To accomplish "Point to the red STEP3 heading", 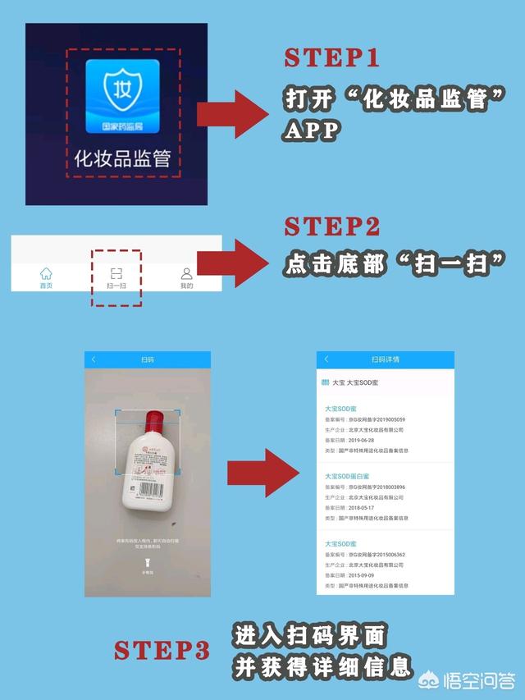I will [162, 651].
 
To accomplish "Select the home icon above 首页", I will [46, 273].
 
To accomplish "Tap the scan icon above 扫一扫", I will [116, 273].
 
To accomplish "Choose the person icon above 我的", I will [187, 273].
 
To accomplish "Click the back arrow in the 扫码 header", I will [94, 359].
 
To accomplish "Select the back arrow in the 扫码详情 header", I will [326, 359].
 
